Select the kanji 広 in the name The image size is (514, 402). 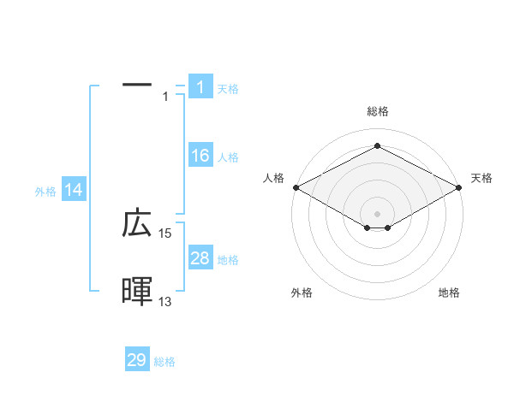(137, 224)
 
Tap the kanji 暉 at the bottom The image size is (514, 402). (137, 292)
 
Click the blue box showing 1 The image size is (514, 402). (200, 87)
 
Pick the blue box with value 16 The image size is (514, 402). (200, 156)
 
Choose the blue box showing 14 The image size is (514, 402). (74, 191)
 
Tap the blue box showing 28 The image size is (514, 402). (200, 258)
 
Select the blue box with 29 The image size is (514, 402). (137, 360)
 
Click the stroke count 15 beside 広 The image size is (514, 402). (165, 234)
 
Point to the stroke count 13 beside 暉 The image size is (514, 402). (165, 301)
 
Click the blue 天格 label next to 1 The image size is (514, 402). (228, 88)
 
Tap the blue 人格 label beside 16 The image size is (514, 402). (228, 157)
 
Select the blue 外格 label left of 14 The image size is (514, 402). (45, 192)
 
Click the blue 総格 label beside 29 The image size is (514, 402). (164, 361)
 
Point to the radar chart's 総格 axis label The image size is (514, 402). (378, 111)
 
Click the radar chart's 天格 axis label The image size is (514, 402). (482, 178)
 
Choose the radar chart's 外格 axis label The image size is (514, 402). (302, 293)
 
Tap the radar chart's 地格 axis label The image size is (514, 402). (449, 293)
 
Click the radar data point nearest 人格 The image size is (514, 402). (296, 187)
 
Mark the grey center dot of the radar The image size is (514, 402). (377, 213)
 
